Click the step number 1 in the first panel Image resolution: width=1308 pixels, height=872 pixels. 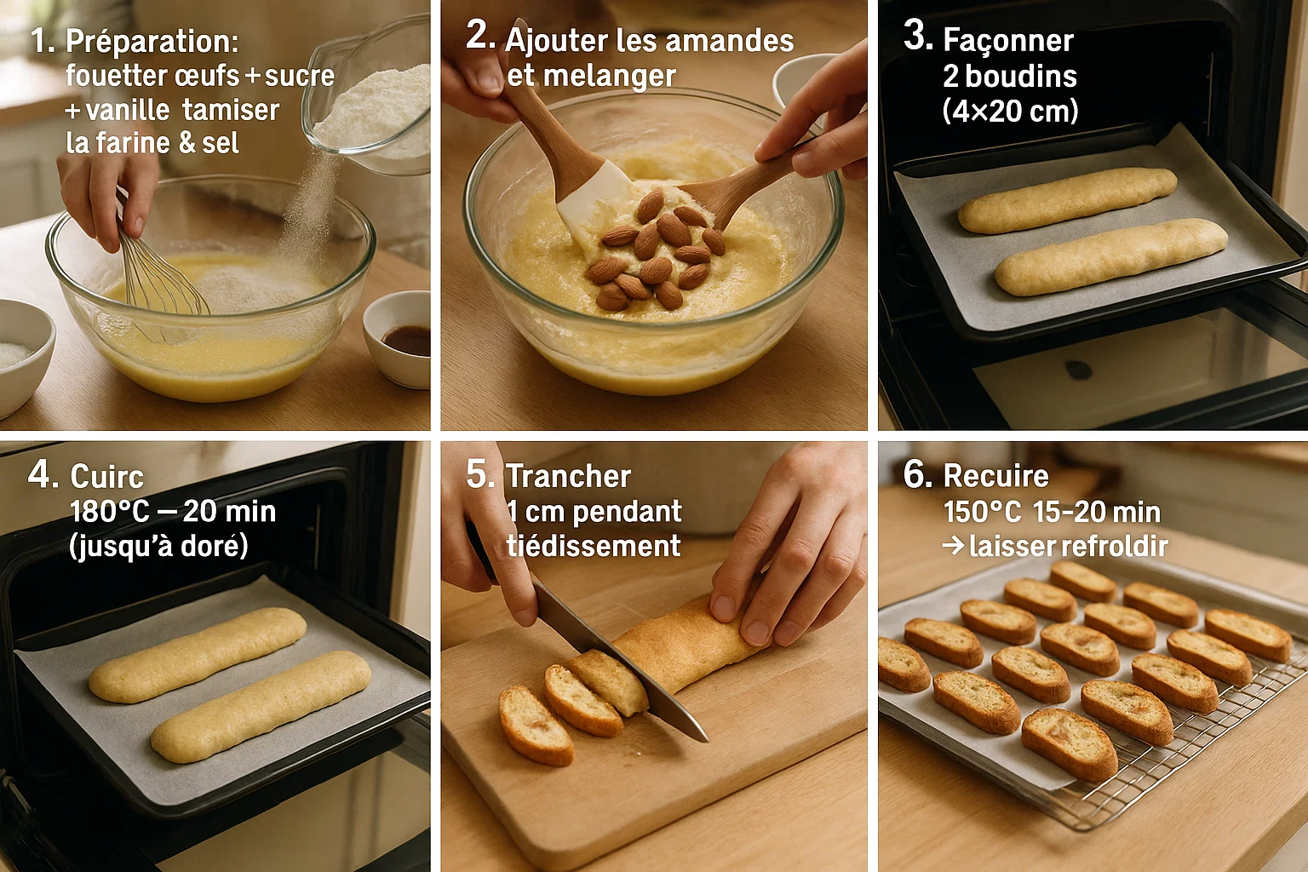[40, 41]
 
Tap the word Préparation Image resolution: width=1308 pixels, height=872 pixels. [152, 42]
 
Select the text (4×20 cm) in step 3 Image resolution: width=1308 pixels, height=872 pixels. [1010, 111]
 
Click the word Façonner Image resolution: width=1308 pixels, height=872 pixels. [1008, 41]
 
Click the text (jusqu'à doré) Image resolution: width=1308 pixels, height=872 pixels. [158, 546]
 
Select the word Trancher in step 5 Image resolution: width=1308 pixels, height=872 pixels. [568, 476]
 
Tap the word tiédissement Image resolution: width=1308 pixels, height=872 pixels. [593, 546]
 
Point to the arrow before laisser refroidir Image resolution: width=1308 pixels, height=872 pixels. [954, 545]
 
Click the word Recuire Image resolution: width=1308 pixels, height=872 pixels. [995, 475]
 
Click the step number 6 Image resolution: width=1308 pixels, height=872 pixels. [917, 473]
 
